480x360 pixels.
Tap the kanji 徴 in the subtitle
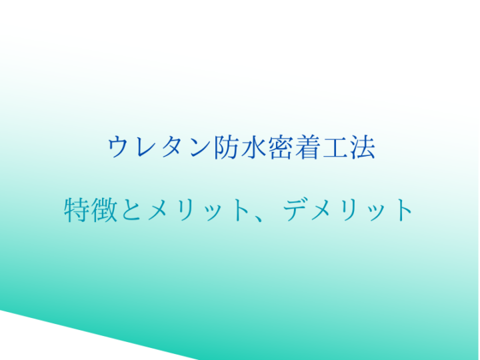point(105,210)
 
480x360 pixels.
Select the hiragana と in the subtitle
point(131,210)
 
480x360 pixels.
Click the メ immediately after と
point(161,210)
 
